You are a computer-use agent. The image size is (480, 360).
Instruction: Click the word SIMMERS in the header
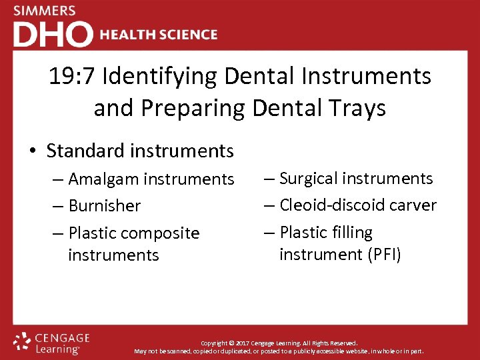coord(45,11)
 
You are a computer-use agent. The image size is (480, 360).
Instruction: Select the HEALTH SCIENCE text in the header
coord(159,35)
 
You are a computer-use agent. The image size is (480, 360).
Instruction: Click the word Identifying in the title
coord(159,77)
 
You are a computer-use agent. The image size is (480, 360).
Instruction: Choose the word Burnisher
coord(105,206)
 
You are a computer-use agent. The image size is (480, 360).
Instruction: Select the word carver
coord(415,205)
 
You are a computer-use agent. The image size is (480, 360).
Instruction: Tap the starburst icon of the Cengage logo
coord(22,341)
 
